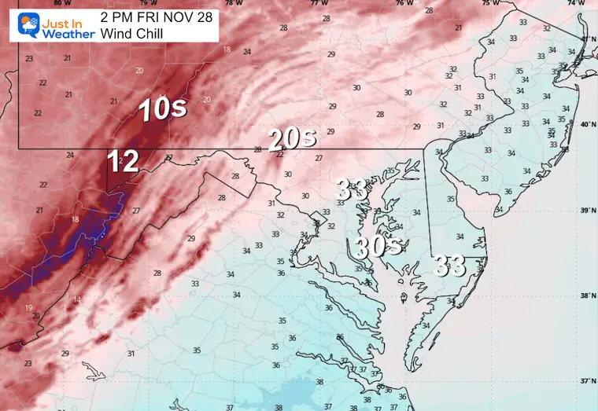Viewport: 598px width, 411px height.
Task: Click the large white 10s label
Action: tap(163, 109)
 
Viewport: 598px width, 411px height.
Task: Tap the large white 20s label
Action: tap(292, 140)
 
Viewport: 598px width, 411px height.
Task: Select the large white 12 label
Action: tap(123, 162)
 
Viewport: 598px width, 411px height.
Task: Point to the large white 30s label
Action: tap(378, 248)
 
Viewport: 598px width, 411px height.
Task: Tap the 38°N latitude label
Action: tap(588, 295)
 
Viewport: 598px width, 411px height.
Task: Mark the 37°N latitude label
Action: tap(588, 380)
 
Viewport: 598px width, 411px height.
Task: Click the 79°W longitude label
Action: tap(148, 3)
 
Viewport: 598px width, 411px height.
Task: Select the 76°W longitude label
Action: tap(404, 3)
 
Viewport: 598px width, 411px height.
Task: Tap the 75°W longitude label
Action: tap(490, 3)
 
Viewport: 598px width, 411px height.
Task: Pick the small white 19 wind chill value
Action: tap(28, 307)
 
